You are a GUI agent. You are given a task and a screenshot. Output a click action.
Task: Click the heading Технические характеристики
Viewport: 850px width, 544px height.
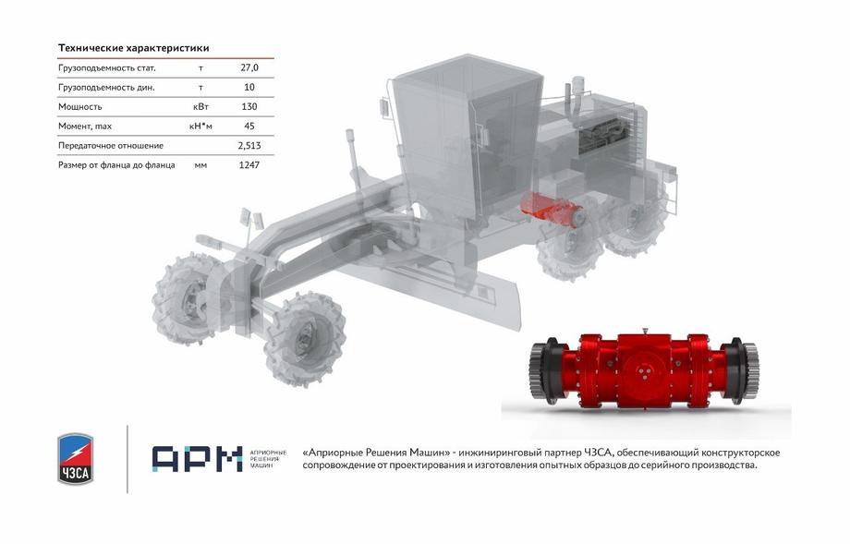point(133,48)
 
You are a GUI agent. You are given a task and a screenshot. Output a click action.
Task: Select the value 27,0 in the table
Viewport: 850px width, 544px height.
point(249,67)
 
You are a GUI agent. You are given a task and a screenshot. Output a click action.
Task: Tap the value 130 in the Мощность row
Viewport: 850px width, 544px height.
point(249,107)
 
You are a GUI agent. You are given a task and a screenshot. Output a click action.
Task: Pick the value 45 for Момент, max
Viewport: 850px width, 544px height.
point(249,127)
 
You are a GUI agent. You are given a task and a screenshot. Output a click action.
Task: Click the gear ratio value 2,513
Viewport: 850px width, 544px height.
point(249,146)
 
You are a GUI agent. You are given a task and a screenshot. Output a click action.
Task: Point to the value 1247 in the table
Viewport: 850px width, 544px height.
point(249,165)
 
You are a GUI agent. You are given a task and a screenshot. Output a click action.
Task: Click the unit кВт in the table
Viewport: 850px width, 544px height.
point(200,107)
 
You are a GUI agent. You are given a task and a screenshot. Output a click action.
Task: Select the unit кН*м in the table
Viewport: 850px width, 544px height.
point(200,127)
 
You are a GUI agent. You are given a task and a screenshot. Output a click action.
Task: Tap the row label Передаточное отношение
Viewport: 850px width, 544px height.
point(111,146)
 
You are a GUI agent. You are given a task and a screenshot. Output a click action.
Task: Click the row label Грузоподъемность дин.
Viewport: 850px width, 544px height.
point(106,87)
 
